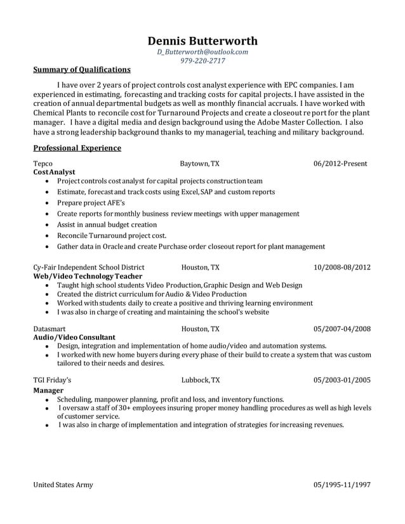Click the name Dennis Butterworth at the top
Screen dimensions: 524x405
point(202,41)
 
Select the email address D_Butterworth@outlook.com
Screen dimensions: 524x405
point(202,52)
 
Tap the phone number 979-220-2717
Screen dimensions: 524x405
point(202,61)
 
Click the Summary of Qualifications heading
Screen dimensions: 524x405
point(82,70)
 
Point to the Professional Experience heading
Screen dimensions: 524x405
point(77,148)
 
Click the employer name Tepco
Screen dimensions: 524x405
point(43,164)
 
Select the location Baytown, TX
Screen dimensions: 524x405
point(199,164)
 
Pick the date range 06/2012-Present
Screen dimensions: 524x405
point(340,164)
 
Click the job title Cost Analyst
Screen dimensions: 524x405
point(54,172)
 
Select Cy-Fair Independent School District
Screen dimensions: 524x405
point(88,268)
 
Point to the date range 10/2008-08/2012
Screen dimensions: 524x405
point(342,268)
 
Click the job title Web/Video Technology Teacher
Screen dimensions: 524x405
point(88,277)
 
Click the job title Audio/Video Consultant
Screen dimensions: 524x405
point(74,337)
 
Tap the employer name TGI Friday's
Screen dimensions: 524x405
point(52,380)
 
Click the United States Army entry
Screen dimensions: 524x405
point(63,485)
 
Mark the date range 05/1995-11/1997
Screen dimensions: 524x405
point(342,485)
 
